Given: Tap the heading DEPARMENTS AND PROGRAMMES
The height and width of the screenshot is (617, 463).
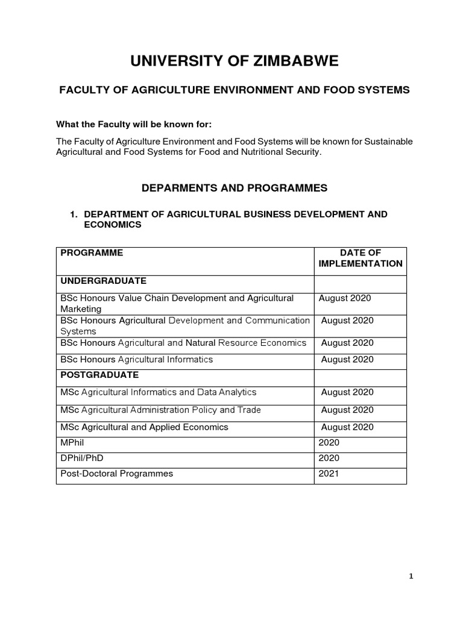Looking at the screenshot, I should (x=234, y=188).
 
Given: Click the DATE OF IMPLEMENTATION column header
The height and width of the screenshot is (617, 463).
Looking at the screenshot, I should (x=360, y=258).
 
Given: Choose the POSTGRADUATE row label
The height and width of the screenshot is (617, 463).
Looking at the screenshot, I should (x=99, y=375).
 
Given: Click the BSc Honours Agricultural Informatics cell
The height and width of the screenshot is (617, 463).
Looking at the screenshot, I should (x=137, y=360).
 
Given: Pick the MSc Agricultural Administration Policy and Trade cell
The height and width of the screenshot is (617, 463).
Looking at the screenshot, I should (x=161, y=410).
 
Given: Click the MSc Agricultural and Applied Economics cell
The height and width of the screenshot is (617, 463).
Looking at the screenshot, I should (x=145, y=427).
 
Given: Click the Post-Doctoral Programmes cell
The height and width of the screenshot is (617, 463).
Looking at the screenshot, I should (x=117, y=474).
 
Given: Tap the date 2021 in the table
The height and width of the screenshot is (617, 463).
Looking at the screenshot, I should (x=329, y=474).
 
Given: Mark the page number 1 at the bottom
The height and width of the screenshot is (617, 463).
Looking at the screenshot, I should (x=411, y=577).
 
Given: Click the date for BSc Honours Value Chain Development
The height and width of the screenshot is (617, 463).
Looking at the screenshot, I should (x=345, y=298).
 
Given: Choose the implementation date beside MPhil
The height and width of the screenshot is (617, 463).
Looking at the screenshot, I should (x=329, y=443).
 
